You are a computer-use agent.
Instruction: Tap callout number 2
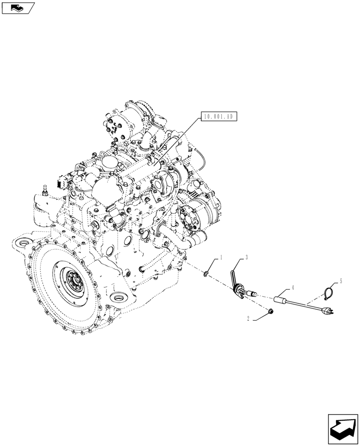pos(250,319)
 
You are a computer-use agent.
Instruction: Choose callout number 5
pos(341,281)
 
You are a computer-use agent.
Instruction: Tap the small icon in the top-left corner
pos(17,7)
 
